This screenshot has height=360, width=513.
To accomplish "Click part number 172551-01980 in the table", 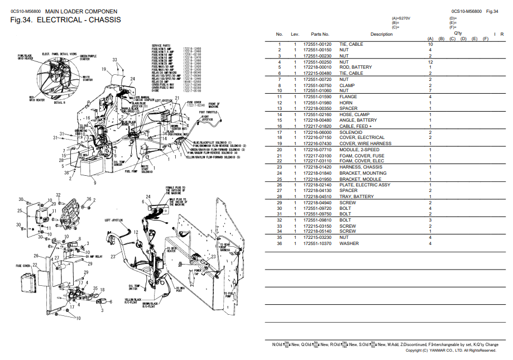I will tap(317, 102).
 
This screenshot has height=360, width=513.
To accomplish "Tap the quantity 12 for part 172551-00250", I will tap(430, 62).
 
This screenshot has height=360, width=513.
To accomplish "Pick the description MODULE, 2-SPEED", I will tap(359, 150).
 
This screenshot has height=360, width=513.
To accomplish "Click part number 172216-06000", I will tap(317, 132).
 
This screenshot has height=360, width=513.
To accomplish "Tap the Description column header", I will tap(381, 35).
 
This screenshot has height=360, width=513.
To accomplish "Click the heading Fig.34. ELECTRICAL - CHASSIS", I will tap(65, 21).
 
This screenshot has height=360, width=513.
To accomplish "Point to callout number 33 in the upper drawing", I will tap(114, 60).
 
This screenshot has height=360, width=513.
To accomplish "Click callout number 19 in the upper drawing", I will tap(104, 69).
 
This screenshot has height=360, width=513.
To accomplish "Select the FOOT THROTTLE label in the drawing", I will tap(208, 112).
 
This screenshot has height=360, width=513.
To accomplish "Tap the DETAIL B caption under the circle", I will tap(59, 103).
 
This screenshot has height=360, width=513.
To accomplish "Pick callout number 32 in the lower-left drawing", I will tap(58, 194).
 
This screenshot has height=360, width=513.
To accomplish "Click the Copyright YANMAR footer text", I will tap(450, 351).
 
